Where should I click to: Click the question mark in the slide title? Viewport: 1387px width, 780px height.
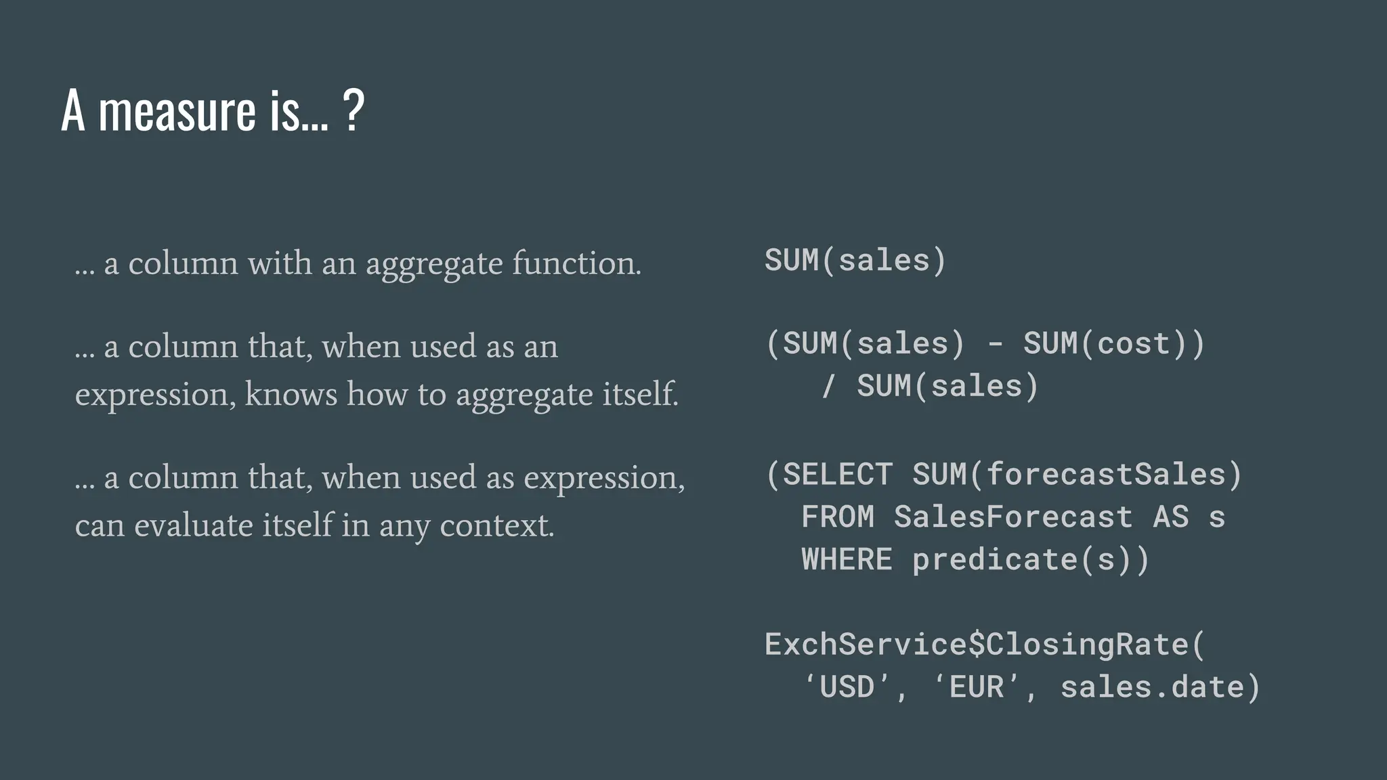(354, 110)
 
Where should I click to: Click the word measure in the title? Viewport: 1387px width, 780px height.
(177, 112)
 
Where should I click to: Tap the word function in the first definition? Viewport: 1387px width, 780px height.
(576, 263)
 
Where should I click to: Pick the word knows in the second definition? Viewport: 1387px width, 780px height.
(291, 394)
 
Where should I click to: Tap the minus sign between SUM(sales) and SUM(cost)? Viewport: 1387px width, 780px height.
(995, 343)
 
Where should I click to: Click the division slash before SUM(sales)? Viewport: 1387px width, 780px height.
(828, 386)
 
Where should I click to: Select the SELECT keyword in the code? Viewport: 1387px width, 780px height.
(838, 474)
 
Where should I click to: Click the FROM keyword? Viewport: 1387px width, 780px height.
(838, 517)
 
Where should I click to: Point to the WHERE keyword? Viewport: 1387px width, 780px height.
(847, 559)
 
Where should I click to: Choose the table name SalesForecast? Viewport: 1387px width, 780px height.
(1012, 517)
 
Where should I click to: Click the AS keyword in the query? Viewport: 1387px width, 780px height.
(1170, 517)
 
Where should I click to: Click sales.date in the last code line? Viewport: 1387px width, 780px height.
(1152, 687)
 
